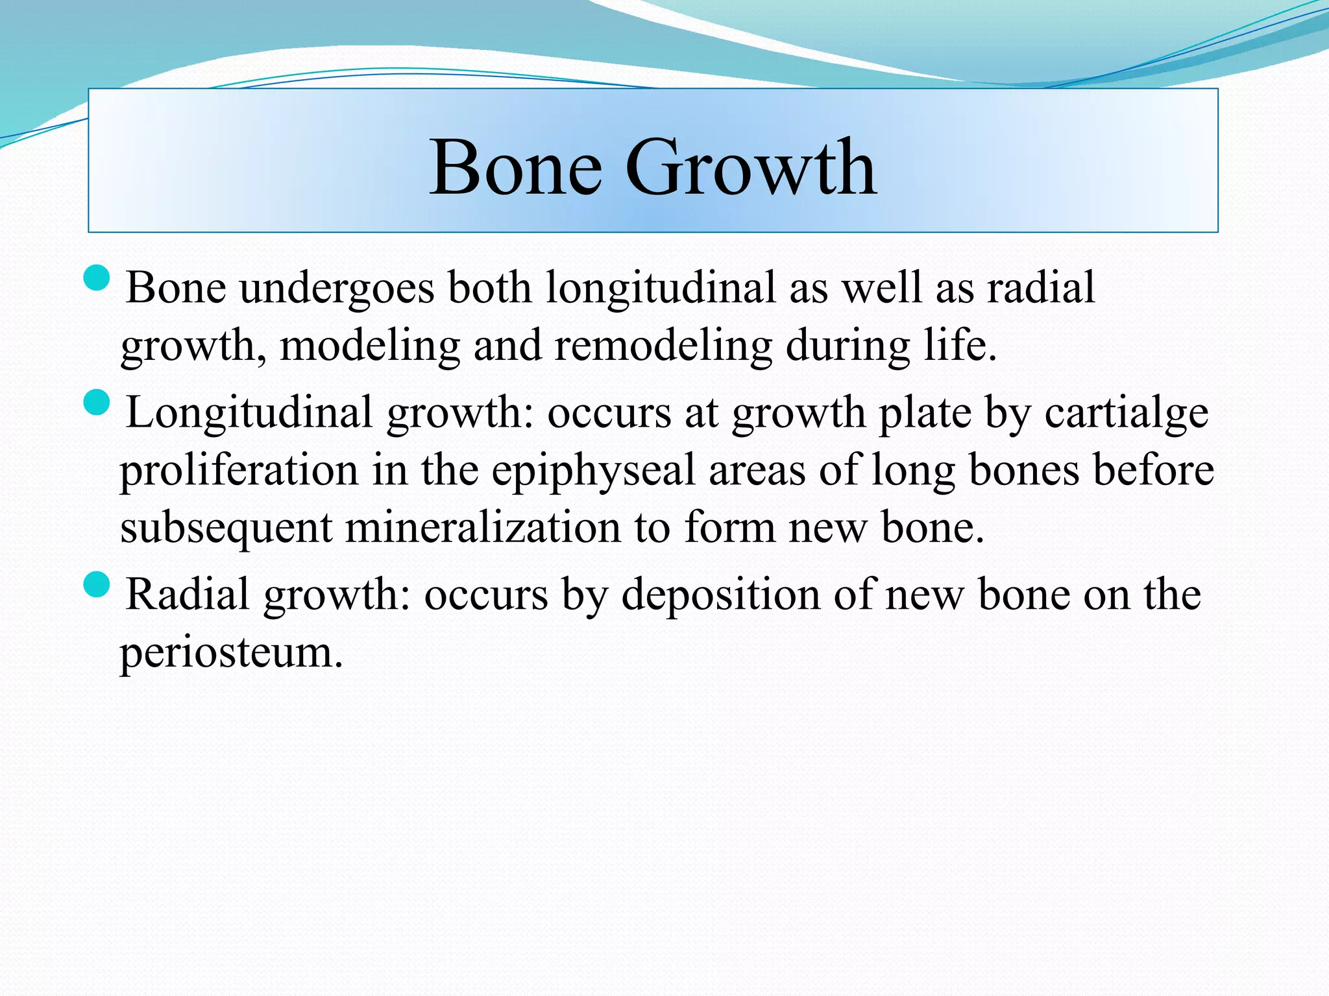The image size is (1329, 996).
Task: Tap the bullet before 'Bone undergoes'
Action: click(97, 278)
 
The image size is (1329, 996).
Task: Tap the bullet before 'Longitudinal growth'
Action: click(97, 403)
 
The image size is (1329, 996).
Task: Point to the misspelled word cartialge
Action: click(1127, 413)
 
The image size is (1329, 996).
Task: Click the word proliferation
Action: click(239, 470)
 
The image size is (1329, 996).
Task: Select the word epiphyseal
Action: click(593, 470)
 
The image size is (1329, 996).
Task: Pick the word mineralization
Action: click(482, 527)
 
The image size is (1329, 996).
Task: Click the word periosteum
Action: click(230, 652)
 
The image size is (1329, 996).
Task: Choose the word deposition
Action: click(720, 595)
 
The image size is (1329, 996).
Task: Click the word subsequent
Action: click(226, 527)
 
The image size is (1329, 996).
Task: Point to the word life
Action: click(960, 346)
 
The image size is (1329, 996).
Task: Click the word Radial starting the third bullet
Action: click(188, 595)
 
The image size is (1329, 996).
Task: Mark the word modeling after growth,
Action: click(370, 346)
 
